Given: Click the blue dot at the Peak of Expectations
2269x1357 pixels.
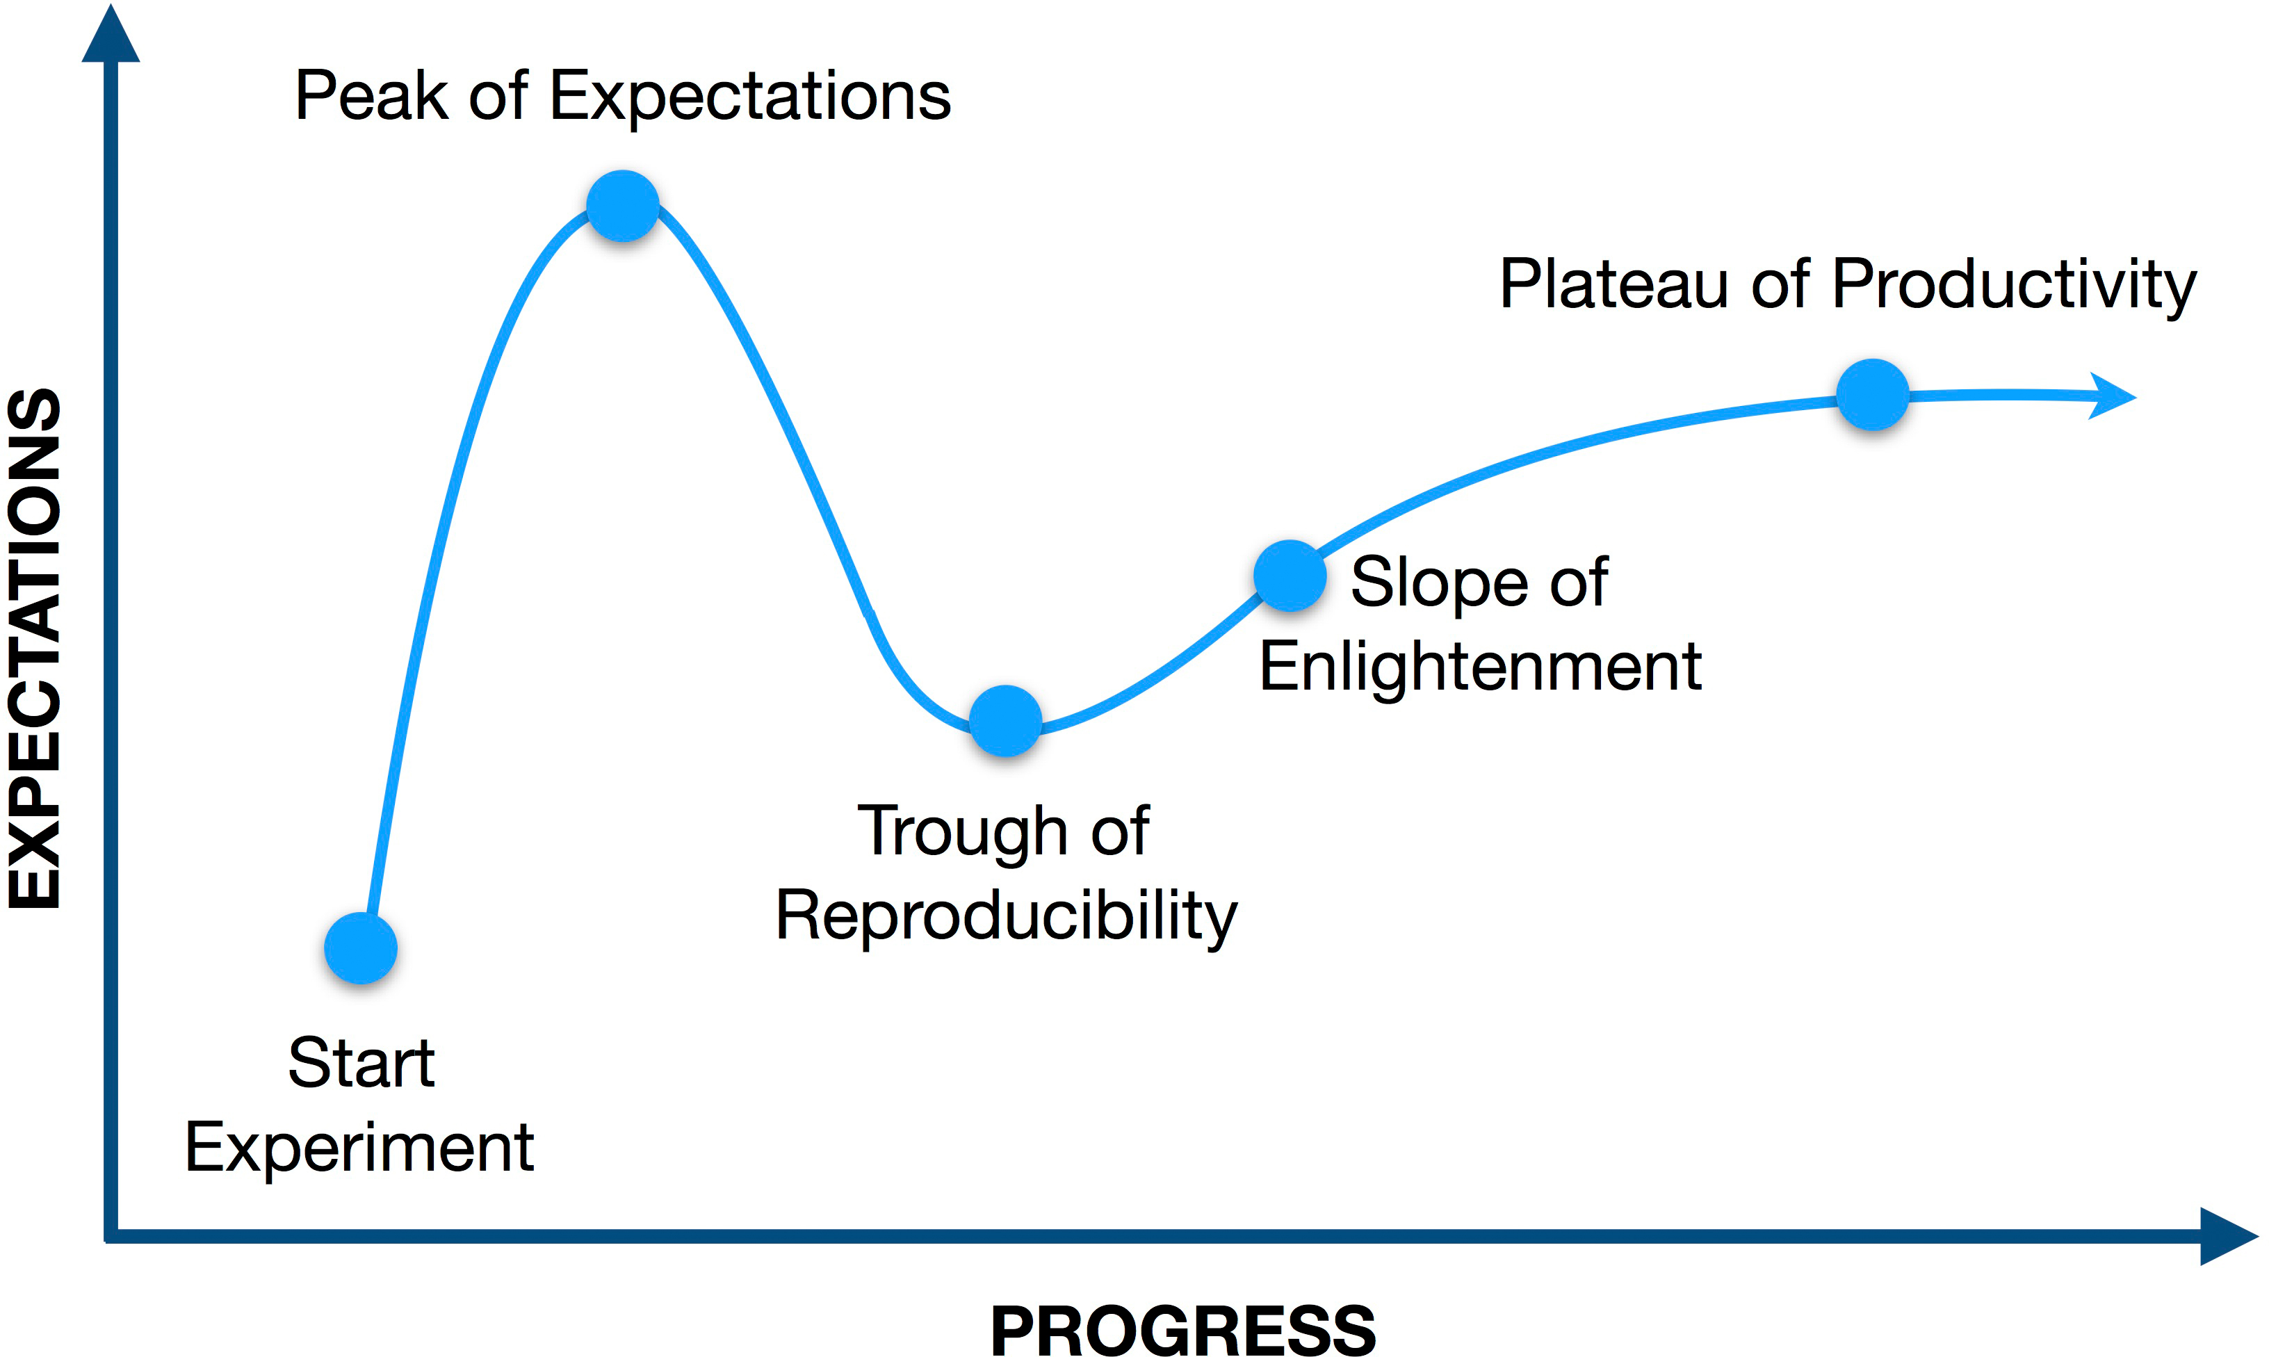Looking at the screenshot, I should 623,206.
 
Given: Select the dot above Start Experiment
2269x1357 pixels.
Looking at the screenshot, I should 360,948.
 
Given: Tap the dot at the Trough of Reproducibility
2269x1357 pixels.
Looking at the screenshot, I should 1005,721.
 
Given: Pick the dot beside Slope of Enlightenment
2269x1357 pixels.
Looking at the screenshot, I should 1289,575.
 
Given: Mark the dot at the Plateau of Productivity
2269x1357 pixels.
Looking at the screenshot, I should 1872,395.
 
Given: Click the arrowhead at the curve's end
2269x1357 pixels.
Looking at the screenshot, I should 2113,397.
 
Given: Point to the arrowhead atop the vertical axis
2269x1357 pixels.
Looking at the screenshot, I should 111,35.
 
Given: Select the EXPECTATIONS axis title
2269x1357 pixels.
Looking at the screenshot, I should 34,649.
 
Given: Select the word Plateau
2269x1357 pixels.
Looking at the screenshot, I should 1614,284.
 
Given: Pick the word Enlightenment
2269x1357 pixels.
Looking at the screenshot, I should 1480,667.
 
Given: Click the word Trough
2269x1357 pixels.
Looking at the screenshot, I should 963,832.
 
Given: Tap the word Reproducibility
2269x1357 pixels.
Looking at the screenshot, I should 1006,916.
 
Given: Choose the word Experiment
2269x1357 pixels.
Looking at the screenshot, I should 359,1148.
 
